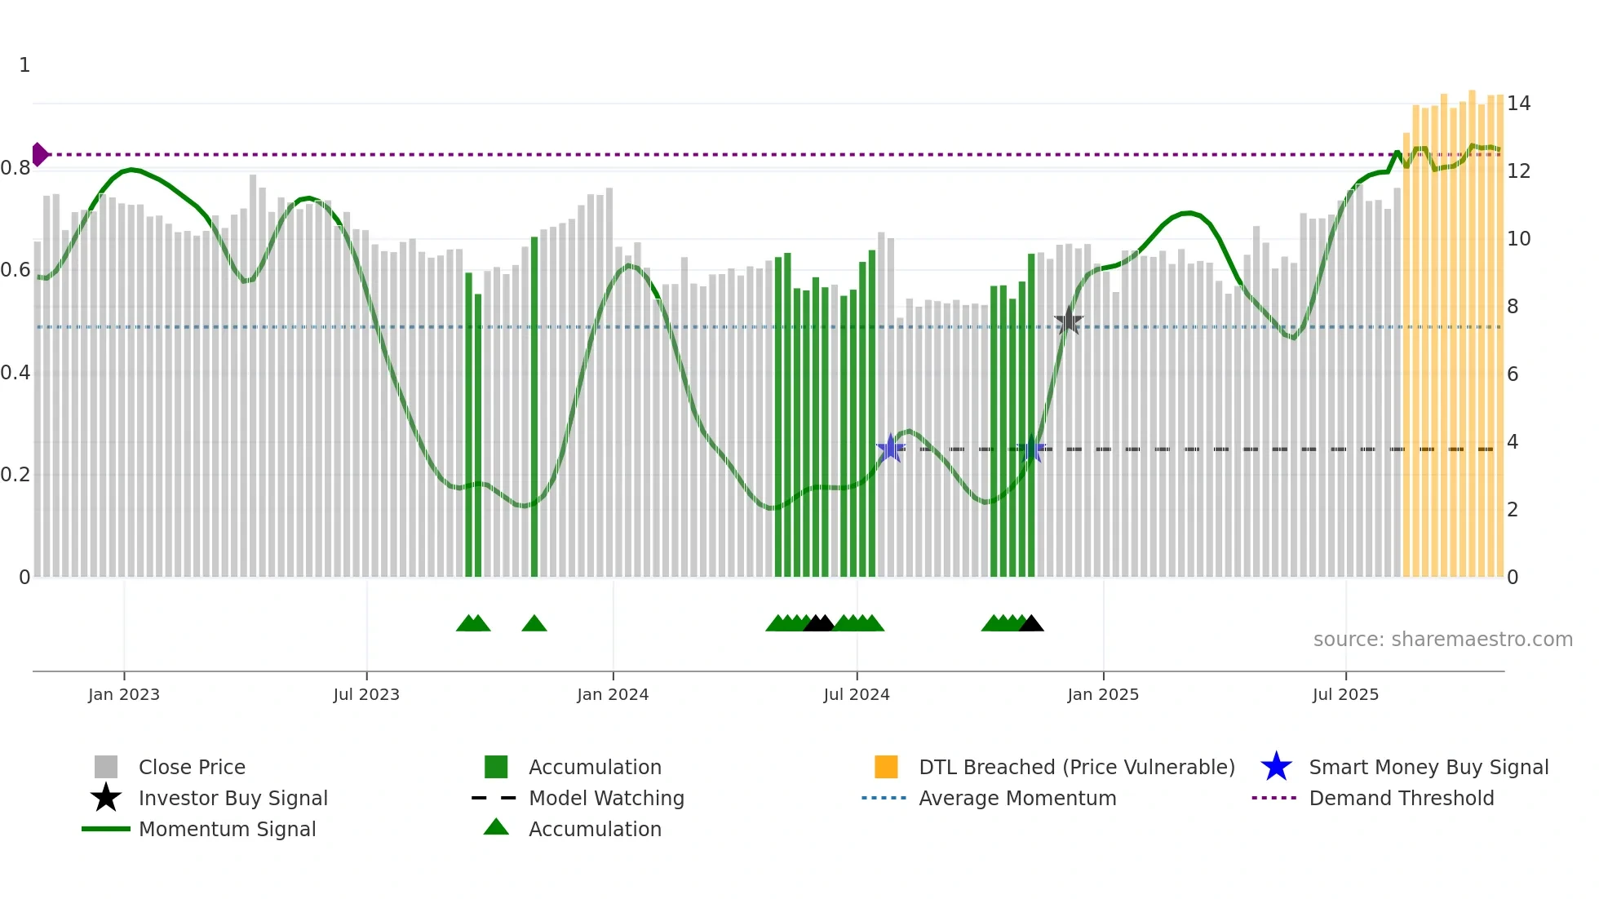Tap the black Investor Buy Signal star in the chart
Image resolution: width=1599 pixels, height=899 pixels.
1068,321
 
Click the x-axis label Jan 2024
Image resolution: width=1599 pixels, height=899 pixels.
613,694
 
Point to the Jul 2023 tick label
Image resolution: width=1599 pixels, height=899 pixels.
366,694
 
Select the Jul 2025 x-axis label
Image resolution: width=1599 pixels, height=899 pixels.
1345,694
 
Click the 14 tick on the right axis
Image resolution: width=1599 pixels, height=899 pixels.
1518,104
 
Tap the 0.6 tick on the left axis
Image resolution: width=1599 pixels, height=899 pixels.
16,270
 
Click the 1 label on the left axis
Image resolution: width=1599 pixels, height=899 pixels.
24,65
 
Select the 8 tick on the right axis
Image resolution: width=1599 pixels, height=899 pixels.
1513,307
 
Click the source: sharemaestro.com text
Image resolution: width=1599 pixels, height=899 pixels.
1442,640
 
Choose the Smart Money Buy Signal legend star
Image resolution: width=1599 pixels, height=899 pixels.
1276,767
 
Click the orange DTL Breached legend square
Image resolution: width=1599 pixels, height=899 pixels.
886,767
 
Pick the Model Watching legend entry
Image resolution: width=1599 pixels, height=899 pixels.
606,798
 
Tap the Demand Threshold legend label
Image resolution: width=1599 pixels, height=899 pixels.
1401,798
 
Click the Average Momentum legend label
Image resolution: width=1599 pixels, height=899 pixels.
1017,798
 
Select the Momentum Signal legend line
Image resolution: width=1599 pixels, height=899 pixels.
106,829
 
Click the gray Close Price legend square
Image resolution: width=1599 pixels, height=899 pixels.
106,767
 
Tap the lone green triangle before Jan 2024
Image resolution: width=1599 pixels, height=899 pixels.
534,624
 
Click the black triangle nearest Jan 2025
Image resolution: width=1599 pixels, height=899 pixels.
1031,624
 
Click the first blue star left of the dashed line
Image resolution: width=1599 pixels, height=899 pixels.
890,448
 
